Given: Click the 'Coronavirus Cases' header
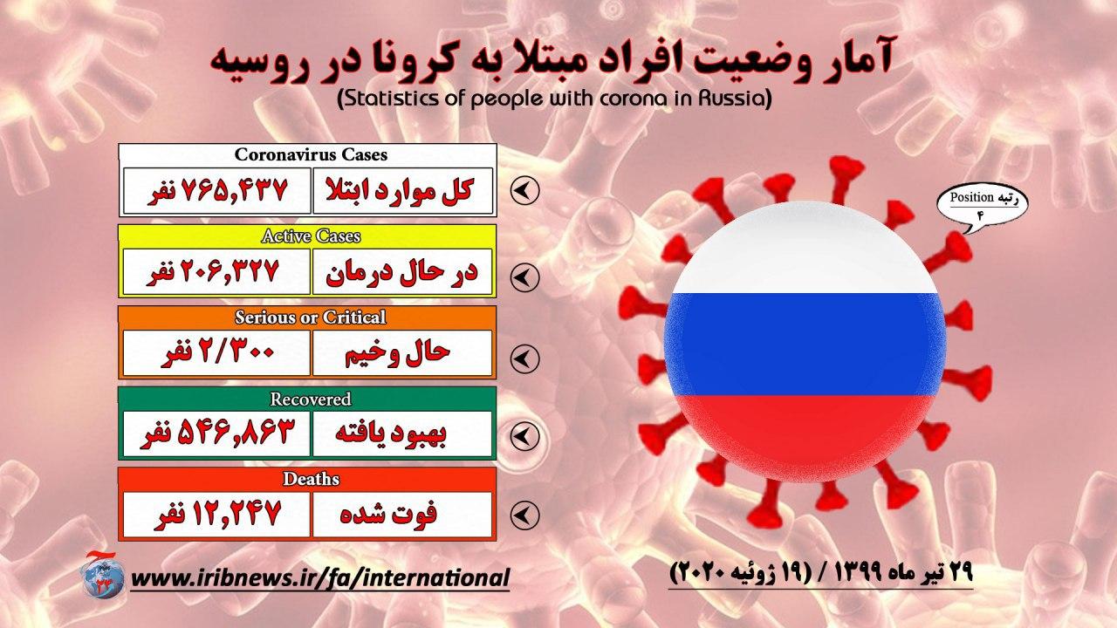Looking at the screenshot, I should click(x=311, y=155).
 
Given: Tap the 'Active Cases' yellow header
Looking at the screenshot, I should click(x=311, y=236).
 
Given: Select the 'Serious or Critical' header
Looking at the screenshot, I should click(x=311, y=317).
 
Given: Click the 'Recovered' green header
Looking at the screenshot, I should click(x=311, y=399).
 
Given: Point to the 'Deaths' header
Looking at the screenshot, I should click(x=311, y=480).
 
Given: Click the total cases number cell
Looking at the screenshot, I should click(x=216, y=191).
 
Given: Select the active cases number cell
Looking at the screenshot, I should click(x=216, y=273).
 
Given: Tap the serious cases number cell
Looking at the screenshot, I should click(x=216, y=353).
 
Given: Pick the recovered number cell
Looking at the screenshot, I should click(x=216, y=434).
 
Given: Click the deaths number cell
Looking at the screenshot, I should click(x=216, y=515).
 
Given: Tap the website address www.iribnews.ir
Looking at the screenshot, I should click(x=320, y=577).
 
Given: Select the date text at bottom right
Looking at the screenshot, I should click(x=820, y=574).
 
